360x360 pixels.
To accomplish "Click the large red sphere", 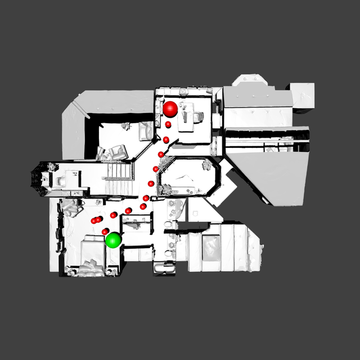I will [170, 108].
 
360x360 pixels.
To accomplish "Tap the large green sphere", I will [114, 240].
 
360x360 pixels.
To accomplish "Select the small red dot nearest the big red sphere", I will [168, 124].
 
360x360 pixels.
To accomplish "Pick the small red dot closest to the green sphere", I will [105, 231].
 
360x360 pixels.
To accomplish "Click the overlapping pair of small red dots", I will [97, 220].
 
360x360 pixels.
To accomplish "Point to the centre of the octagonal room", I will [186, 176].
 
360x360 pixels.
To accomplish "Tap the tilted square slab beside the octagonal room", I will [227, 188].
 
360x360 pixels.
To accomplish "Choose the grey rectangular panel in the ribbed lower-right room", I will [211, 248].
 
